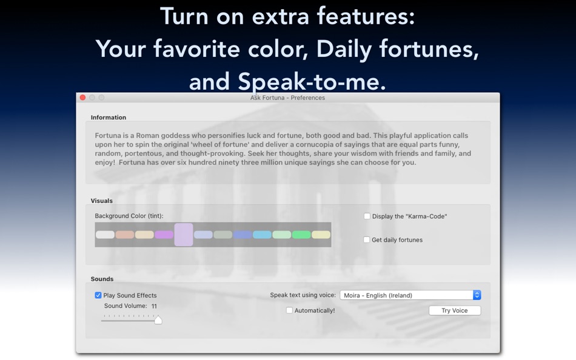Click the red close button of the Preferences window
pos(82,98)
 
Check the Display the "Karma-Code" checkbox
pos(367,216)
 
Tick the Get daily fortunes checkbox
pos(367,240)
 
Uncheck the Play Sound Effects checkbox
pos(98,296)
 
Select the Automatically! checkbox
pos(289,311)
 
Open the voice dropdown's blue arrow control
pos(477,295)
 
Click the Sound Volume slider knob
pos(158,319)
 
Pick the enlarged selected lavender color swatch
pos(184,235)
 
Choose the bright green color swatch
pos(301,235)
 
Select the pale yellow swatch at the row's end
pos(321,235)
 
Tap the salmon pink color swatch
pos(125,235)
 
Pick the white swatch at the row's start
pos(105,235)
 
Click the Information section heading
pos(109,118)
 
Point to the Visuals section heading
pos(102,201)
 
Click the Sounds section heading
pos(102,279)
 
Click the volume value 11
pos(154,307)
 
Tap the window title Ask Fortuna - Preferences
pos(287,98)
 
